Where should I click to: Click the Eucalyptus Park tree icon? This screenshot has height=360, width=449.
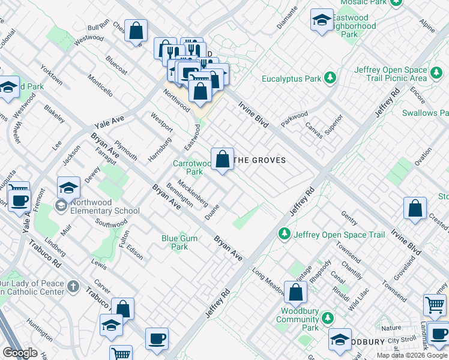(329, 78)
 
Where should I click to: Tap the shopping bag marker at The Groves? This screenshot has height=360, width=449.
(222, 160)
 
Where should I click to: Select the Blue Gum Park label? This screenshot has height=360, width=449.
(175, 242)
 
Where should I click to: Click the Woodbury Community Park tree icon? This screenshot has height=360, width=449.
(327, 317)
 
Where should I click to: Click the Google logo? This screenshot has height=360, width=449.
(20, 353)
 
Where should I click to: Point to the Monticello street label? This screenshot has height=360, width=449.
(100, 85)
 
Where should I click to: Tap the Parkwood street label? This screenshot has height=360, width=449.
(294, 115)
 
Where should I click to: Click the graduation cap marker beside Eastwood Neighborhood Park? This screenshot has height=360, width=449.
(322, 21)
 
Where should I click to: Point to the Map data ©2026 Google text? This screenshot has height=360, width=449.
(411, 355)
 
